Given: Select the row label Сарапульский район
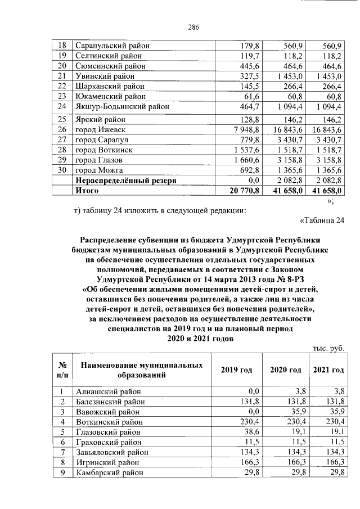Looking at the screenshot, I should coord(112,46).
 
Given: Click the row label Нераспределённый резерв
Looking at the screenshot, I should coord(127,181).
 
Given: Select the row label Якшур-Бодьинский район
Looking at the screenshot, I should coord(122,106).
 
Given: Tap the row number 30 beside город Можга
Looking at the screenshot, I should coord(62,170).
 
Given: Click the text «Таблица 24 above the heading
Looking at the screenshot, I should coord(321,219).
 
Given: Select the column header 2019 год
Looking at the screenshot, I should coord(236,370).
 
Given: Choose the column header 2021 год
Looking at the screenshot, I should coord(328,370).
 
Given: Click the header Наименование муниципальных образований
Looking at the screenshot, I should coord(142,370).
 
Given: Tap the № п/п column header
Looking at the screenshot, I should coord(62,370).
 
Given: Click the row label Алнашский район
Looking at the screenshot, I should coord(108,391).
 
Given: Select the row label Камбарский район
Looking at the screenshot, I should coord(110,472).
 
